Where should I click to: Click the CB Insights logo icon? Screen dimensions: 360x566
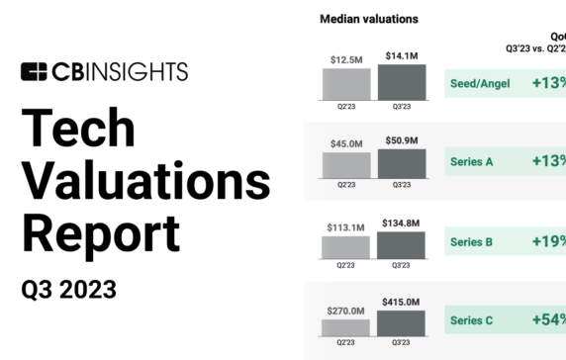34,71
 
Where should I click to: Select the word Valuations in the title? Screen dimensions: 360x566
145,182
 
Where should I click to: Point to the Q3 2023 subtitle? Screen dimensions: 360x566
69,289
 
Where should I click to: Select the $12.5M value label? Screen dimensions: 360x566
345,60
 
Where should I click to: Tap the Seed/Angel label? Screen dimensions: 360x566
480,83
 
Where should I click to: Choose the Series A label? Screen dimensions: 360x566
473,161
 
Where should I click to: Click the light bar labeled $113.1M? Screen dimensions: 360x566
345,246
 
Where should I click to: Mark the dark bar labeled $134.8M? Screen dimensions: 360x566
402,243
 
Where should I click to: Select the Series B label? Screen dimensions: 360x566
473,240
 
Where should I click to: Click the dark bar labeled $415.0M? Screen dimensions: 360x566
402,324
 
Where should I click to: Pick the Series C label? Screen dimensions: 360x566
473,320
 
